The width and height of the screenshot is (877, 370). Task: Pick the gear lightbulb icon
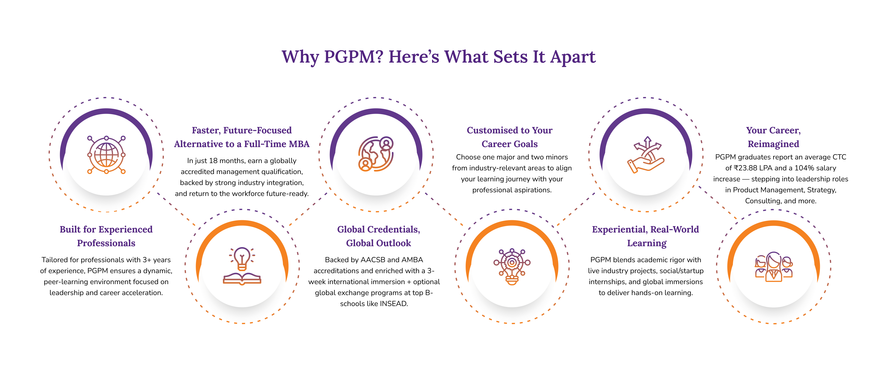(x=512, y=266)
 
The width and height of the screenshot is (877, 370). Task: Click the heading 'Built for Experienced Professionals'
(x=106, y=236)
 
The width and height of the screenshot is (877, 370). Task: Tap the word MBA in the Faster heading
(x=299, y=144)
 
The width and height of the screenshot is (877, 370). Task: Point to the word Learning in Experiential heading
(x=647, y=243)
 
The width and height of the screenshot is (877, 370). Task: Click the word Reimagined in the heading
(x=773, y=144)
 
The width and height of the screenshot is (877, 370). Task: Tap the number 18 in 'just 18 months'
(x=213, y=161)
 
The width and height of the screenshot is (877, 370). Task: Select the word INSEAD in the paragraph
(x=393, y=304)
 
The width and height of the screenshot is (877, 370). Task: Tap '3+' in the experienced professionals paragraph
(x=146, y=260)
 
